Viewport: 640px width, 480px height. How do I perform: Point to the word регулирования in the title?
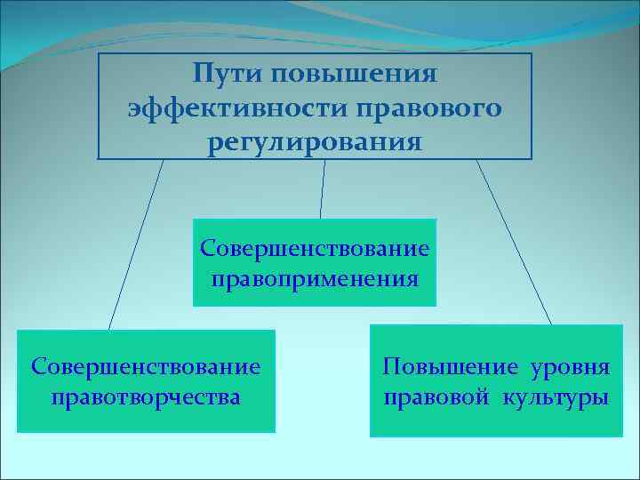[315, 141]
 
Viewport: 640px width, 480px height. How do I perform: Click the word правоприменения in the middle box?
[315, 279]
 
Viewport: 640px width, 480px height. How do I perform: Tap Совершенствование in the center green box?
[315, 246]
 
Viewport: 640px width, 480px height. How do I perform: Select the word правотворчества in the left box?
[146, 396]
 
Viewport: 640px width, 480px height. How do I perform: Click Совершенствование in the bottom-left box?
[146, 365]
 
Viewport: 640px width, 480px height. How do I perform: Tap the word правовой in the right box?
[436, 396]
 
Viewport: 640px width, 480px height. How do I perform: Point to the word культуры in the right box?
[557, 396]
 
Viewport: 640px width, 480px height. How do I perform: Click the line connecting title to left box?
[136, 244]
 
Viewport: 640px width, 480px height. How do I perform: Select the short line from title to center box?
[323, 188]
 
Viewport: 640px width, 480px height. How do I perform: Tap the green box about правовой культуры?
[496, 422]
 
